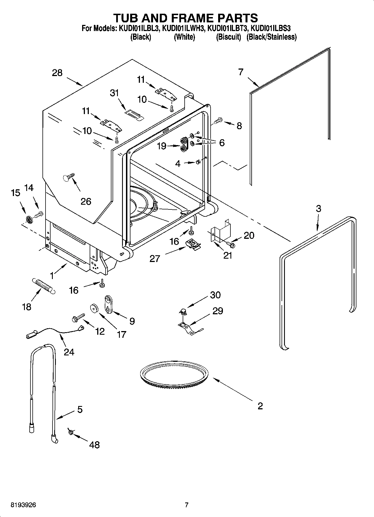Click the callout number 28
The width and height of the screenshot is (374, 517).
pos(57,73)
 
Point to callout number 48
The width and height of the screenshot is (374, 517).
pos(94,445)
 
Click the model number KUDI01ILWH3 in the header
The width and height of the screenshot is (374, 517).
pos(184,28)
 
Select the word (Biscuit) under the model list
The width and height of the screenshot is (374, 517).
pos(228,37)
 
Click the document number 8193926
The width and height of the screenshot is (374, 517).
pos(23,505)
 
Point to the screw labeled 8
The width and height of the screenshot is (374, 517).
pos(218,121)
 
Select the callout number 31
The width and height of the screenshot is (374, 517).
pos(115,93)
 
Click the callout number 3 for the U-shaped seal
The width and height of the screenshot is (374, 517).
pos(318,208)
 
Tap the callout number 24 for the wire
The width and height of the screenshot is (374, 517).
pos(69,352)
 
